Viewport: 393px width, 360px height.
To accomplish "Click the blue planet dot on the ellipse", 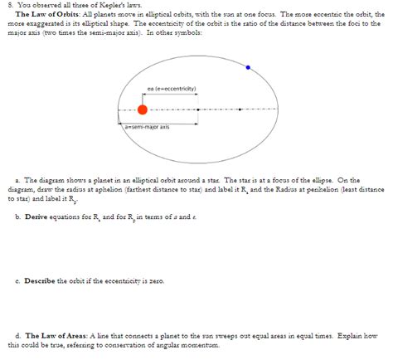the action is tap(247, 66).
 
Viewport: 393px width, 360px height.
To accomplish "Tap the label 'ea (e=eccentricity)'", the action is tap(171, 89).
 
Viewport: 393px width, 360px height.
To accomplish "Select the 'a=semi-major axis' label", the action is tap(146, 127).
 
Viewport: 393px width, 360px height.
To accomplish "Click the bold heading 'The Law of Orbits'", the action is tap(44, 15).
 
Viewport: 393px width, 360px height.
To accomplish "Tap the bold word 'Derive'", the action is tap(37, 216).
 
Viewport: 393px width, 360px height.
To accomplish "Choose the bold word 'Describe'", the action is tap(41, 280).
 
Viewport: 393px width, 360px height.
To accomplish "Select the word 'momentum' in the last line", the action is tap(210, 344).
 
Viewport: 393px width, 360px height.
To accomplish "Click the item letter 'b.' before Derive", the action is tap(18, 216).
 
